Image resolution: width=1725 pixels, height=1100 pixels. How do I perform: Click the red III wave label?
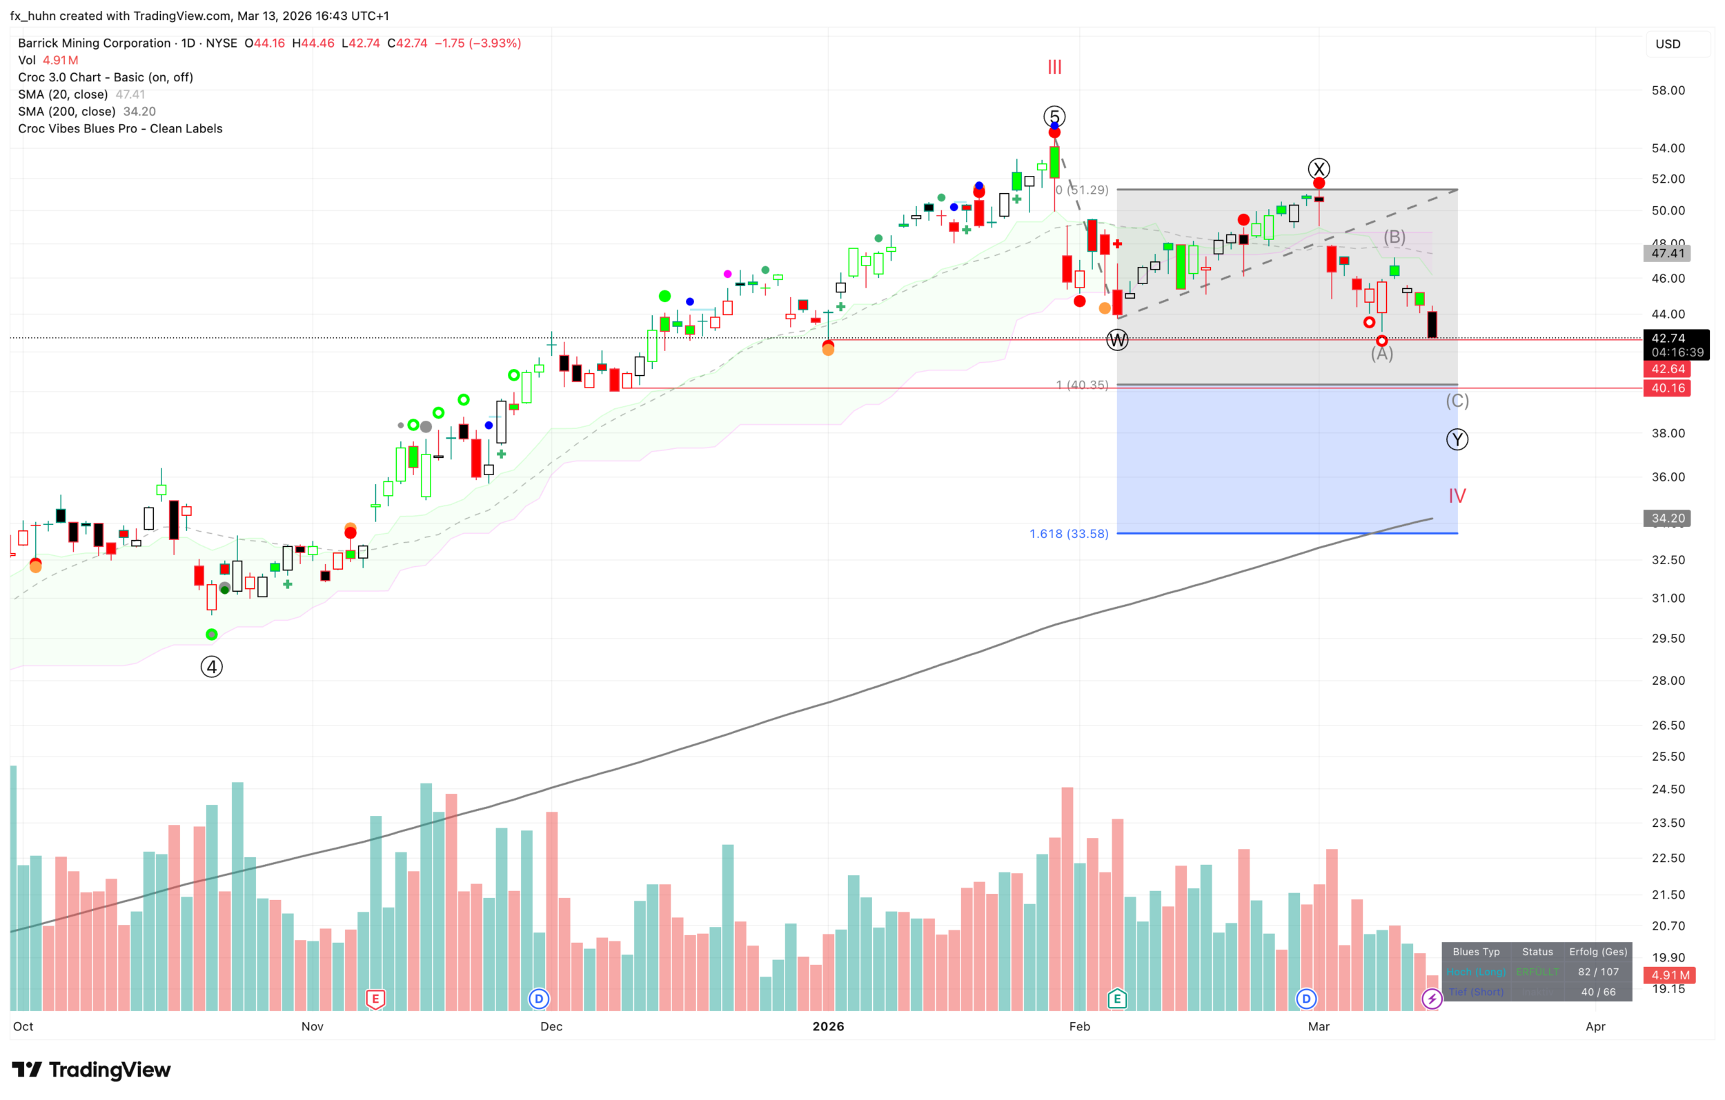pos(1054,68)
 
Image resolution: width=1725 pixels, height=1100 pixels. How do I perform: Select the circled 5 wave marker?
pos(1054,116)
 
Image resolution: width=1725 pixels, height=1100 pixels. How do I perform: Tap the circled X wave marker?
pos(1319,169)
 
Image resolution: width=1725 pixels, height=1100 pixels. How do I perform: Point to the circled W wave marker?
pos(1118,339)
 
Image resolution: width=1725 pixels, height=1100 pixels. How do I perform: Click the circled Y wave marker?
pos(1457,439)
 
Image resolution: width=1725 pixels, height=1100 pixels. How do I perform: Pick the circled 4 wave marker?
pos(211,667)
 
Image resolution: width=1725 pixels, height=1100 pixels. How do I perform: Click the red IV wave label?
pos(1457,496)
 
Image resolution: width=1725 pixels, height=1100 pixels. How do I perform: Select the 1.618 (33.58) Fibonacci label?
pos(1069,534)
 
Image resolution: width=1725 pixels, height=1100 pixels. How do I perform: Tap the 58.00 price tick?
pos(1668,90)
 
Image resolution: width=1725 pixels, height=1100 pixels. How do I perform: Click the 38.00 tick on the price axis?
pos(1668,433)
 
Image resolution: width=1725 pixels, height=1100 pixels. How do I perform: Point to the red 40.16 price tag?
pos(1668,388)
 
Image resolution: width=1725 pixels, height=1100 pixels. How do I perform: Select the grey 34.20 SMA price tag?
pos(1668,518)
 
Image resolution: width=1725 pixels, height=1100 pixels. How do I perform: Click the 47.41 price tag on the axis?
pos(1668,253)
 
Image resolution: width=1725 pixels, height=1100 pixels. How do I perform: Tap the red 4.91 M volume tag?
pos(1670,974)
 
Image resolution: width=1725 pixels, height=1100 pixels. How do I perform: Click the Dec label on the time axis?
pos(551,1026)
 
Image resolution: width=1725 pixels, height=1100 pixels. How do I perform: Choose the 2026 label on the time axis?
pos(828,1026)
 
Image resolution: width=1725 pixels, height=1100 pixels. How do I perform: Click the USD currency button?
pos(1668,43)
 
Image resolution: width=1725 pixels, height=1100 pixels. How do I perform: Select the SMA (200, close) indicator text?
pos(87,112)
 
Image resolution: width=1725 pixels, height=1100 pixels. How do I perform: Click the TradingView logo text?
pos(110,1070)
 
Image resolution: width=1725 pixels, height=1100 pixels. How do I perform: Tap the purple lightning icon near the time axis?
pos(1432,999)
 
